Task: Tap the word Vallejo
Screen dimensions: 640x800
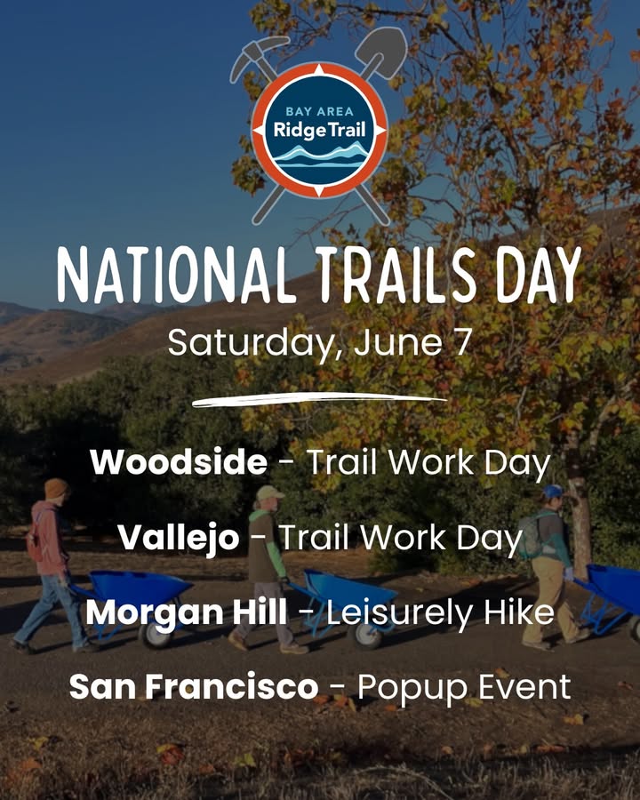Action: click(178, 539)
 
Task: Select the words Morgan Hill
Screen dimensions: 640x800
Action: click(186, 612)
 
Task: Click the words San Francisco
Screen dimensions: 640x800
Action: click(194, 687)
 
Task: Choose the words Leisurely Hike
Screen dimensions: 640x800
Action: click(440, 612)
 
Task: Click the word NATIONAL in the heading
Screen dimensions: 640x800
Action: click(175, 276)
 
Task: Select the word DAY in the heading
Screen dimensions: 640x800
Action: click(540, 276)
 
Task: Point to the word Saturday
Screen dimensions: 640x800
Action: click(251, 344)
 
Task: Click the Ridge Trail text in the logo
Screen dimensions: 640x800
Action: click(319, 130)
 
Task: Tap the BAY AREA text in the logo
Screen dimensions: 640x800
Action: click(319, 111)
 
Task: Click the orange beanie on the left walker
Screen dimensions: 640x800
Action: click(55, 488)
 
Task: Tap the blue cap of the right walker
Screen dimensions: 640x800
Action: click(552, 492)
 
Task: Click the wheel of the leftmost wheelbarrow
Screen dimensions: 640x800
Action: click(154, 633)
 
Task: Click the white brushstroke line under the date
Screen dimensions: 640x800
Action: click(319, 399)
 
